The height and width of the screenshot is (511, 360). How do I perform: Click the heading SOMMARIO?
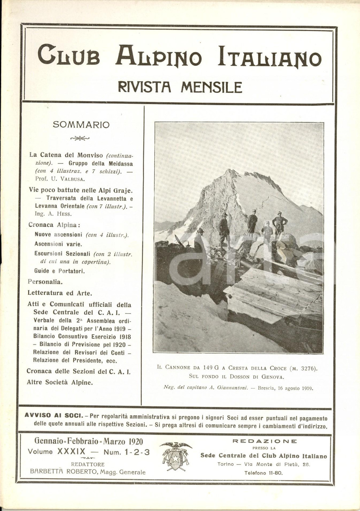click(x=81, y=125)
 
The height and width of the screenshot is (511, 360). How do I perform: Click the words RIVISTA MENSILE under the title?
click(x=180, y=87)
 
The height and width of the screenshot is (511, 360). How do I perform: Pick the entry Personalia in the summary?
click(x=45, y=282)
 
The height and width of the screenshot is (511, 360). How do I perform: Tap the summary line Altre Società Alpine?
click(x=60, y=382)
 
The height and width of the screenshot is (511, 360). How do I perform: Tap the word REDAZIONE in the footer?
click(x=265, y=441)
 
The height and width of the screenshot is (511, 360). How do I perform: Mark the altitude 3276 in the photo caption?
click(x=307, y=368)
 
